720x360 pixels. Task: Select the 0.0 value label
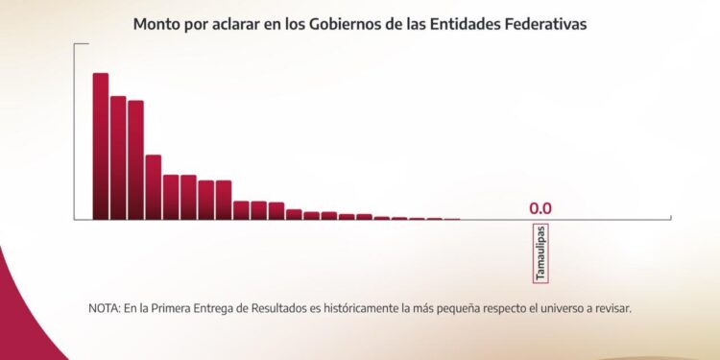point(540,208)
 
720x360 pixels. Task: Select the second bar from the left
point(118,157)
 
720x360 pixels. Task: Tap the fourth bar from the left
point(154,187)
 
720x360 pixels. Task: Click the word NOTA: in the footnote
point(103,309)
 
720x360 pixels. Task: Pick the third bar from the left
point(135,159)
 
